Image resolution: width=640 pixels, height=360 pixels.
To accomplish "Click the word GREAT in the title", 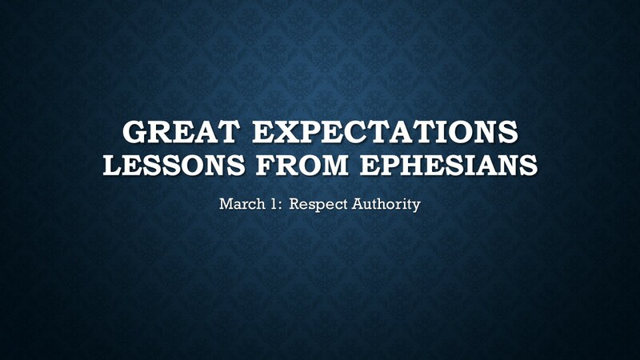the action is (181, 131).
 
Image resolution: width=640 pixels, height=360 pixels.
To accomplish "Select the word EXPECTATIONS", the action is (386, 131).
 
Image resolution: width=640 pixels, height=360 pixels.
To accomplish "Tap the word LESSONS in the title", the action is (174, 165).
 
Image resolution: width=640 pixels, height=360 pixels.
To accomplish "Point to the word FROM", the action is (302, 165).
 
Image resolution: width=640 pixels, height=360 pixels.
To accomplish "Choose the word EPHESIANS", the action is (449, 165).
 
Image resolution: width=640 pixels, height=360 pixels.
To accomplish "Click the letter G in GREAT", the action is (134, 131).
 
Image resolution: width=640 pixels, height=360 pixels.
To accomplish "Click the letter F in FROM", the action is (266, 165).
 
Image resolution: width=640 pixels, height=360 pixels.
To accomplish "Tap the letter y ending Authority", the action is (416, 206).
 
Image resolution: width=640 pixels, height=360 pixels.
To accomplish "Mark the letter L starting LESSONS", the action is (114, 165).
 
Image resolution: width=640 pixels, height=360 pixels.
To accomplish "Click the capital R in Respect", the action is (295, 204).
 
